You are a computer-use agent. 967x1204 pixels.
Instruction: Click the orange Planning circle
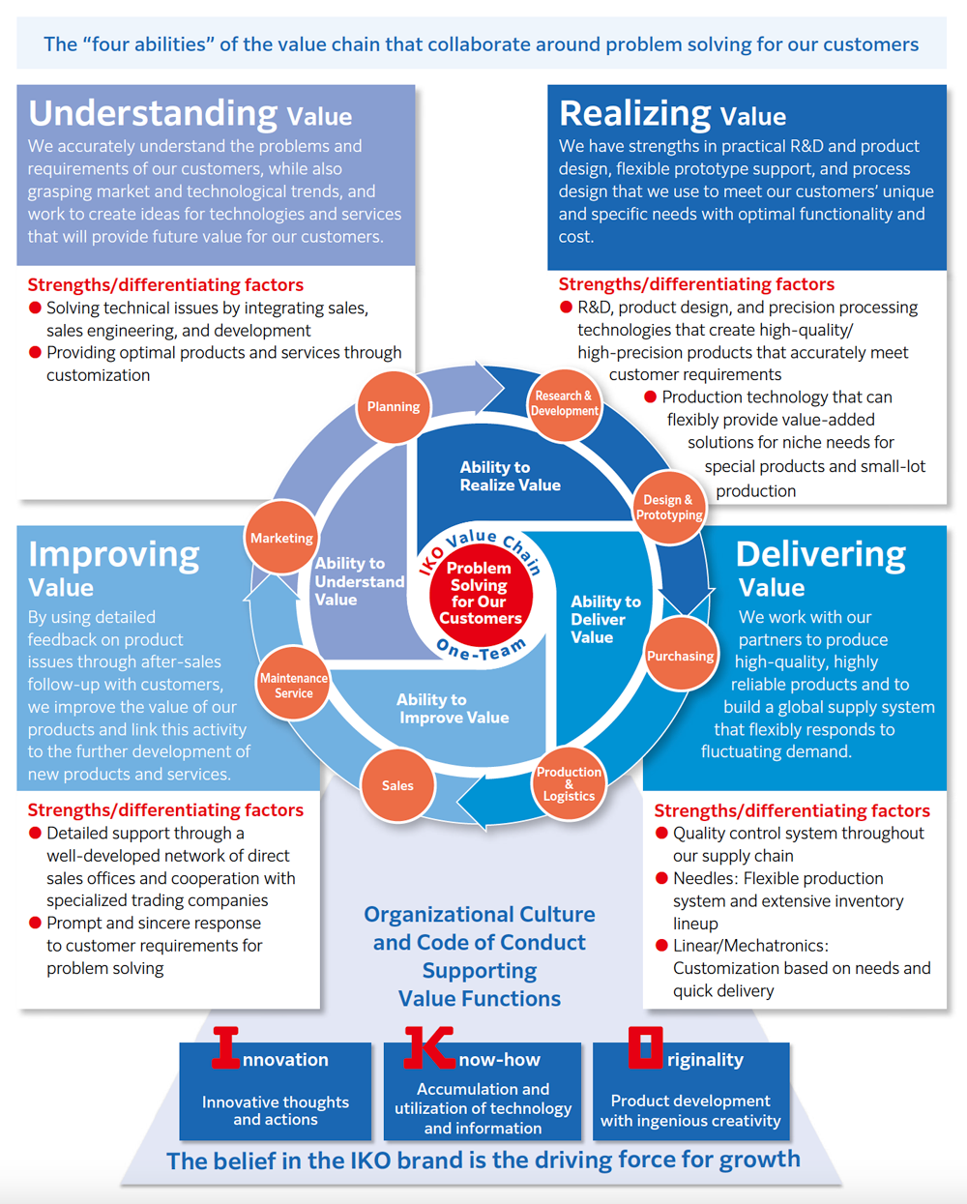[394, 407]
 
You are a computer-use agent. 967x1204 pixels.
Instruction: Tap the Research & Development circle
[565, 403]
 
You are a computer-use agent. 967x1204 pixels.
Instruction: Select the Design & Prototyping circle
[668, 507]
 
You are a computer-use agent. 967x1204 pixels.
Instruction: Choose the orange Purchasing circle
[681, 656]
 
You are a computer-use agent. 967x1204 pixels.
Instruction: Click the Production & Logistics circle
[569, 783]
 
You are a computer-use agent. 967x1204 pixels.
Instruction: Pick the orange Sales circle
[397, 785]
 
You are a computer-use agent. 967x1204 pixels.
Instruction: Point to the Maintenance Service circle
[294, 686]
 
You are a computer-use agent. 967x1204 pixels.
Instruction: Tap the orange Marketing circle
[281, 538]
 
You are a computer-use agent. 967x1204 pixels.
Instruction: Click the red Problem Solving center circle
[480, 593]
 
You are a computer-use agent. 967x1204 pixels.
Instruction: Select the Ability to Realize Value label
[510, 476]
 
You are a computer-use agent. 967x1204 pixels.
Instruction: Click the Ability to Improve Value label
[454, 708]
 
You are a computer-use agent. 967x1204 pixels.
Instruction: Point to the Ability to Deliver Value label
[605, 619]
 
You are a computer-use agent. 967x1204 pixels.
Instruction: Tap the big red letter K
[428, 1047]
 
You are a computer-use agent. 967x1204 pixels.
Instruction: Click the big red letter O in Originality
[646, 1047]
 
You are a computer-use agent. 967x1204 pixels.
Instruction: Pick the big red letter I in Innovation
[225, 1047]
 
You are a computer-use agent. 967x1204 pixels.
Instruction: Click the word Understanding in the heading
[153, 113]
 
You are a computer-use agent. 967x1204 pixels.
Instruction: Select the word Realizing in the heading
[634, 113]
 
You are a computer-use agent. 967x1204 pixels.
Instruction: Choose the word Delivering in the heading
[821, 554]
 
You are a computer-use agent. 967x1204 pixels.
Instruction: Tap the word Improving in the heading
[114, 554]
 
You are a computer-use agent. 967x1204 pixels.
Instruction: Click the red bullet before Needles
[662, 878]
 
